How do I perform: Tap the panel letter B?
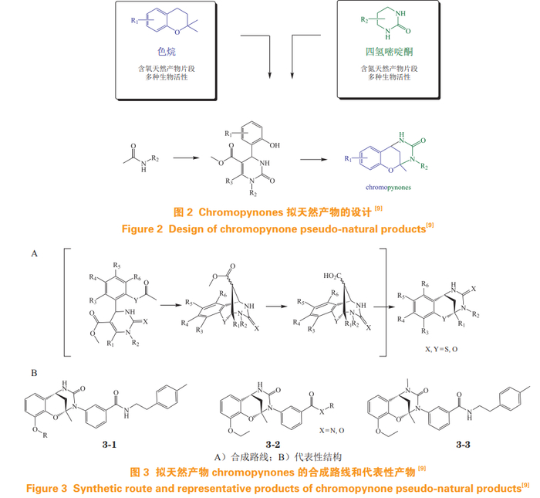[x=34, y=372]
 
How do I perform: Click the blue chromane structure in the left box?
[x=161, y=25]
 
